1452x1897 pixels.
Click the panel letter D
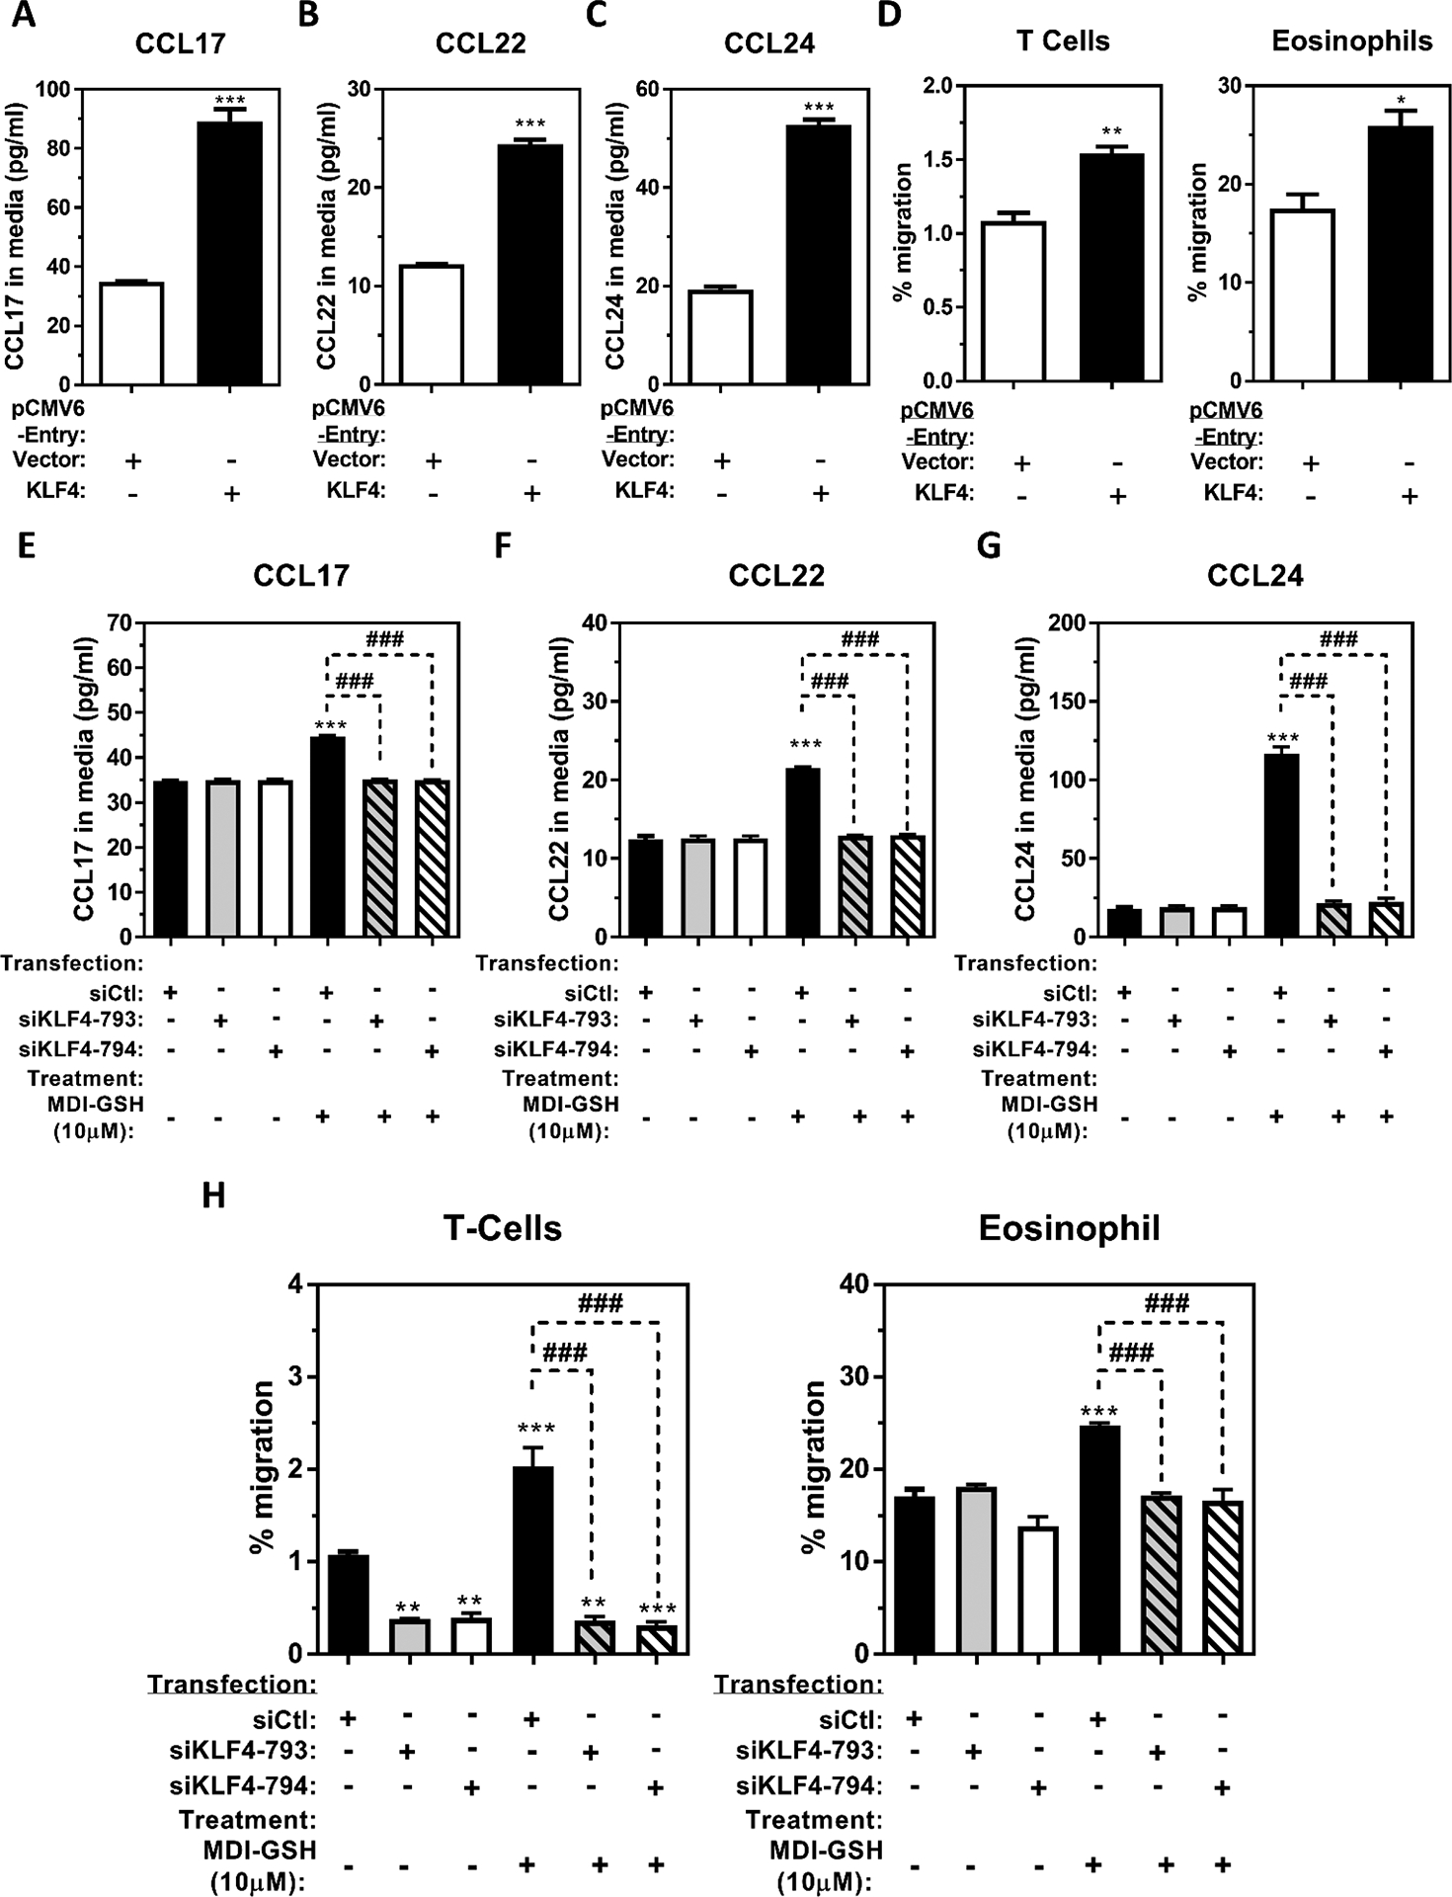[889, 17]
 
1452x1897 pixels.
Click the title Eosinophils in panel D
[1351, 41]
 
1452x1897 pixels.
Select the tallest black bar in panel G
[1281, 845]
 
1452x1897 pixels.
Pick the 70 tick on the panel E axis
[121, 622]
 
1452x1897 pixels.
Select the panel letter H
[213, 1196]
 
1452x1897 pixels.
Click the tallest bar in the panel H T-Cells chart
[533, 1560]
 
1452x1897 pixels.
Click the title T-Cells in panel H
[503, 1228]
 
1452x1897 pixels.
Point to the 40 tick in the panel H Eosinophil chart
[851, 1284]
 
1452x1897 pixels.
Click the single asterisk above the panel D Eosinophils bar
[1401, 101]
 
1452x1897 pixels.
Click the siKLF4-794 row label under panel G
[1034, 1049]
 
